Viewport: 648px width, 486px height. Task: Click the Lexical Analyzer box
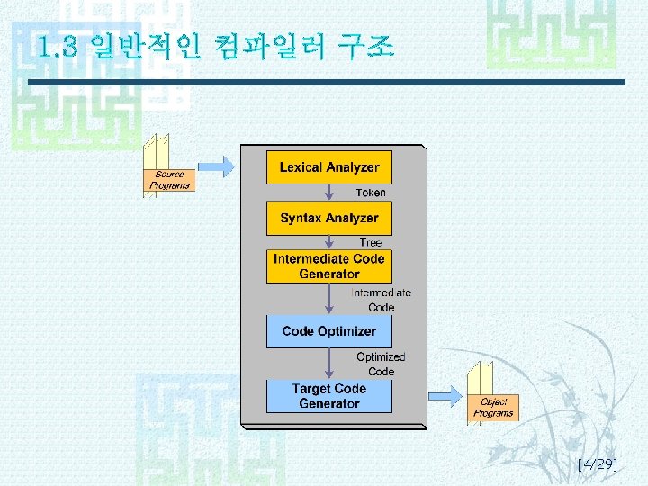coord(328,167)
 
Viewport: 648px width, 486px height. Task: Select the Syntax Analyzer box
coord(328,219)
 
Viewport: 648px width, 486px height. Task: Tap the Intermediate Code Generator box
coord(328,265)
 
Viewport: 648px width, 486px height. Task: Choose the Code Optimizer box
coord(328,331)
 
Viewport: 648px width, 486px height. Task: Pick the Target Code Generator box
coord(328,396)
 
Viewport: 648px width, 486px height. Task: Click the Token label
coord(370,193)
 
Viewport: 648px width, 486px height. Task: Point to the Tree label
coord(370,243)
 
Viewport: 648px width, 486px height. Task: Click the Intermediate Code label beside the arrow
coord(381,300)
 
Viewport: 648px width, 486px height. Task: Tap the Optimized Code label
coord(381,364)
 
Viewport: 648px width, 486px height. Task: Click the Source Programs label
coord(169,180)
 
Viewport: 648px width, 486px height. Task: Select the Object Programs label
coord(493,408)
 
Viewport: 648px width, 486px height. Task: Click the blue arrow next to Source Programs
coord(216,166)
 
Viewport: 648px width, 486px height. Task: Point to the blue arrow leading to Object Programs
coord(443,394)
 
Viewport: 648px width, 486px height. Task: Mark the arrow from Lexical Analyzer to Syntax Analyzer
coord(329,193)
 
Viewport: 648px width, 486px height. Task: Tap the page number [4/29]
coord(597,464)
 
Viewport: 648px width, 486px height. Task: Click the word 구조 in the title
coord(364,45)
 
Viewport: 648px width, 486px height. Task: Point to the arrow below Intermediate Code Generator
coord(329,299)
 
